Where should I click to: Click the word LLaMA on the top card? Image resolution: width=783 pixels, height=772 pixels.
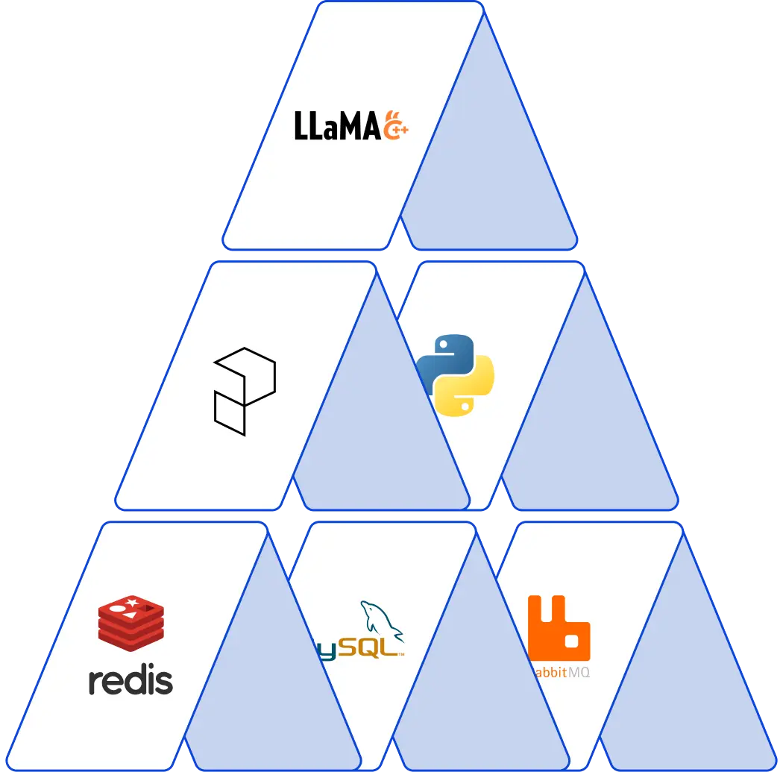coord(338,126)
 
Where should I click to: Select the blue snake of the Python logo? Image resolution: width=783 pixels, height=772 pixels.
coord(441,359)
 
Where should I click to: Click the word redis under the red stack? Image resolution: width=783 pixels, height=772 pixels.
coord(130,680)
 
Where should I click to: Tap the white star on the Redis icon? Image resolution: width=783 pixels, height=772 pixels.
coord(133,601)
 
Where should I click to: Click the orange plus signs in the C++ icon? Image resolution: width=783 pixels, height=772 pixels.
coord(400,131)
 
